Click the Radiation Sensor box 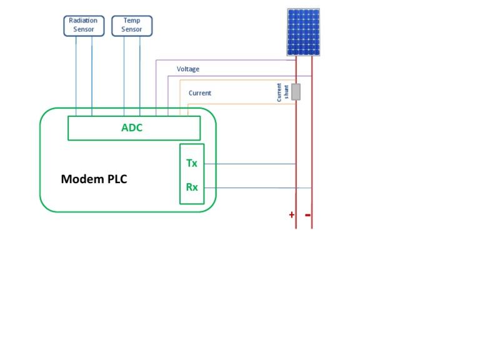(84, 26)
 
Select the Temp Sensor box (132, 26)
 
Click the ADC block (134, 128)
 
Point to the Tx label (192, 163)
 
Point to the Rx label (192, 187)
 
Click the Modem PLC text (94, 179)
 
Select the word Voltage (188, 69)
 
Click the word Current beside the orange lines (200, 93)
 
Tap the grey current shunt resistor (296, 92)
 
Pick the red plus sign (291, 215)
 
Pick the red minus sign (307, 215)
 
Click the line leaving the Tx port (250, 164)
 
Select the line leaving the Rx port (250, 187)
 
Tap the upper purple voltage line (225, 61)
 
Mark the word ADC (132, 128)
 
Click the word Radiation (83, 21)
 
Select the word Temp (132, 21)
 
